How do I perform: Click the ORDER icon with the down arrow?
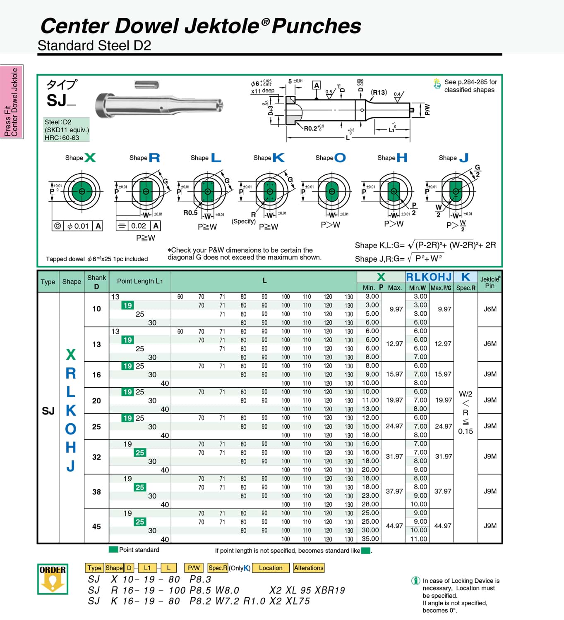(x=53, y=579)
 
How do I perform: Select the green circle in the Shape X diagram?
(x=82, y=191)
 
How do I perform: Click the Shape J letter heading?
(x=464, y=157)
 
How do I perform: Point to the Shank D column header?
(x=96, y=282)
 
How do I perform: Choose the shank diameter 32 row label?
(x=96, y=457)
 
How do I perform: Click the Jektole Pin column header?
(x=490, y=282)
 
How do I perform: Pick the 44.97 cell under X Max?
(x=394, y=526)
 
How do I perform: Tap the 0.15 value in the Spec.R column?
(x=466, y=431)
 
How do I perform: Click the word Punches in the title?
(x=317, y=26)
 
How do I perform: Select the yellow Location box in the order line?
(x=271, y=568)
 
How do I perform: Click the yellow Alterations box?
(x=309, y=568)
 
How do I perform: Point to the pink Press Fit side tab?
(x=12, y=102)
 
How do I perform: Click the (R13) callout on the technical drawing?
(x=379, y=92)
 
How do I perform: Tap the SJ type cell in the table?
(x=48, y=410)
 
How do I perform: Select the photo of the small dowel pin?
(x=146, y=85)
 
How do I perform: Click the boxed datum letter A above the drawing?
(x=317, y=86)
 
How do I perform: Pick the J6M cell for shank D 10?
(x=490, y=309)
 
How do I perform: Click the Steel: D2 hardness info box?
(x=67, y=130)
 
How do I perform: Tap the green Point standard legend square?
(x=113, y=550)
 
